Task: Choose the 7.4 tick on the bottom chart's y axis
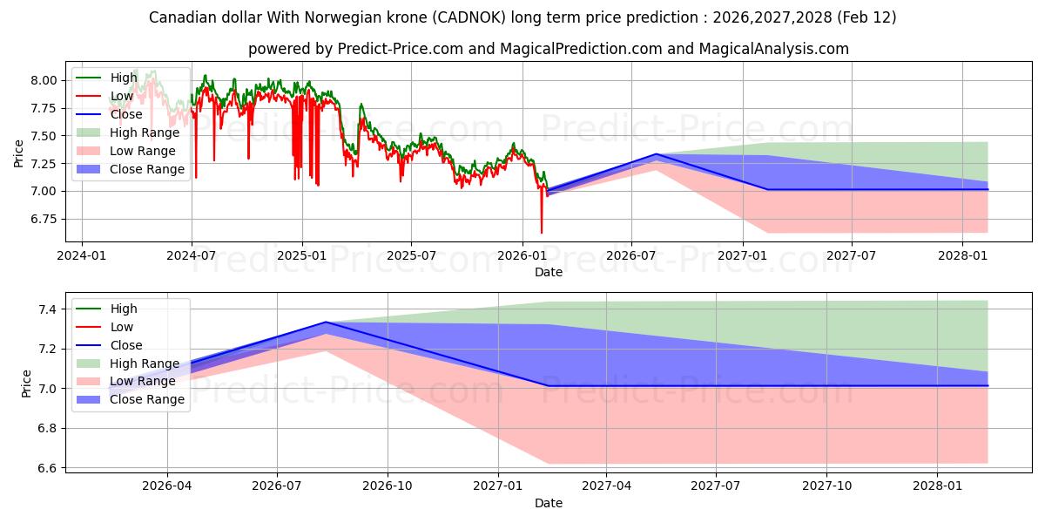pyautogui.click(x=49, y=309)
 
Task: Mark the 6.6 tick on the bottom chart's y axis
pyautogui.click(x=49, y=468)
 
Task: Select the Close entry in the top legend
pyautogui.click(x=126, y=114)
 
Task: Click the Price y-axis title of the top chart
pyautogui.click(x=19, y=153)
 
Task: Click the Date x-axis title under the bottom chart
pyautogui.click(x=549, y=503)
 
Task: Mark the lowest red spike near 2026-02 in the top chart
pyautogui.click(x=542, y=233)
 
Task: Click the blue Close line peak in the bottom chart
pyautogui.click(x=326, y=322)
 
